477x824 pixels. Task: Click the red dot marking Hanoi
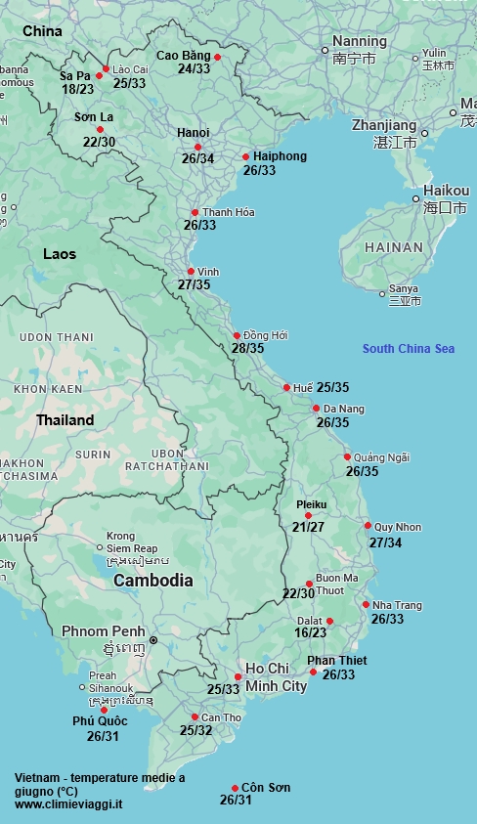[197, 147]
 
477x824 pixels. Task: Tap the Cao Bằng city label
[183, 55]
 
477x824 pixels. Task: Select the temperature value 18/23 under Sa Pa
[77, 89]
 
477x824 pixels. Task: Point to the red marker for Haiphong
[245, 156]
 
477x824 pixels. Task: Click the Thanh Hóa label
[229, 212]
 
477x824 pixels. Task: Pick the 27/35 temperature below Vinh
[194, 284]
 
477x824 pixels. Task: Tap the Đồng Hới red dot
[237, 335]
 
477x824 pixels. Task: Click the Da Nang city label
[344, 409]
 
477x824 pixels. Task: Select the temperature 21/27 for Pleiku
[308, 527]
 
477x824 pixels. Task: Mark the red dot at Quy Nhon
[368, 526]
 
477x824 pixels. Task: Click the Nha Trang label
[397, 605]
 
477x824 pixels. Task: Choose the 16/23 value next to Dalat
[310, 632]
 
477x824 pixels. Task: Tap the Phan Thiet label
[336, 661]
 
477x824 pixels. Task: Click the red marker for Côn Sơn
[235, 788]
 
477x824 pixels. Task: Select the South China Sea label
[408, 349]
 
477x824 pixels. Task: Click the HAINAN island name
[394, 248]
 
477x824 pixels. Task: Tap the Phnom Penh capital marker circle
[152, 639]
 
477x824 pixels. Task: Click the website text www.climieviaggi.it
[68, 803]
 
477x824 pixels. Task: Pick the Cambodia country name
[152, 581]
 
